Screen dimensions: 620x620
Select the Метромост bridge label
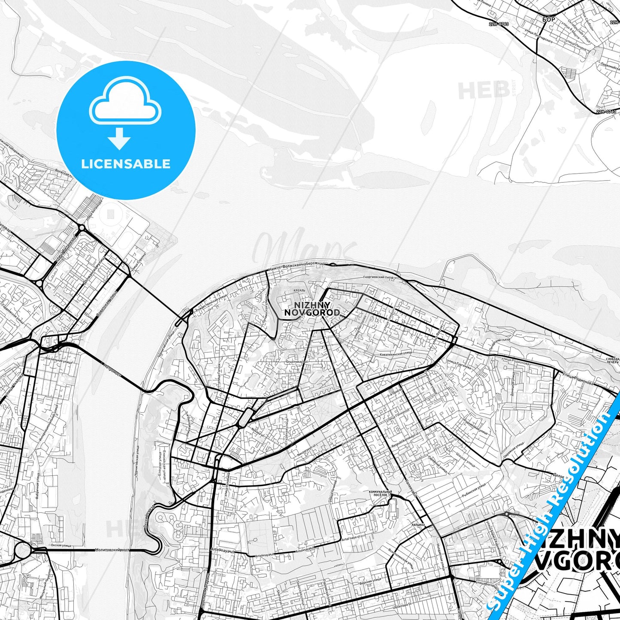[113, 370]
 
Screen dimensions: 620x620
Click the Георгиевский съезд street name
[378, 278]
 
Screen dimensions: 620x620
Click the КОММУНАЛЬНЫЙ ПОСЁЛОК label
[378, 493]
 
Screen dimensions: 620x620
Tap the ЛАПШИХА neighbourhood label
[417, 525]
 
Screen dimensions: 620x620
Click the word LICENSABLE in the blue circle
[126, 163]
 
